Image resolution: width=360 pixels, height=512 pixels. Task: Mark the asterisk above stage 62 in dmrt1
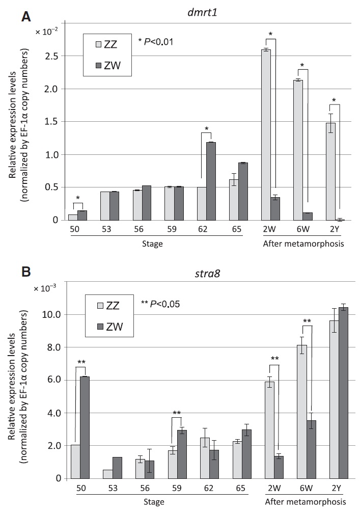coord(206,128)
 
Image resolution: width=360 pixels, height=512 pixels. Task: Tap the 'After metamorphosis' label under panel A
coord(303,244)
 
